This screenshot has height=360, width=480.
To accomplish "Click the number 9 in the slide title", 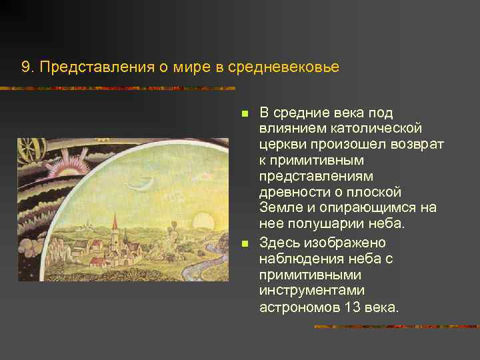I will (25, 67).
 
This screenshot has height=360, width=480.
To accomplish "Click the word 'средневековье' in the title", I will (283, 67).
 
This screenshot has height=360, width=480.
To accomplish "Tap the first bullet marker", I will (245, 112).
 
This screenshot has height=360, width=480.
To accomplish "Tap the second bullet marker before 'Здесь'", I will (245, 243).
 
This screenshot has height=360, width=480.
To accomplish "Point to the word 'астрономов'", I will (298, 307).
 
